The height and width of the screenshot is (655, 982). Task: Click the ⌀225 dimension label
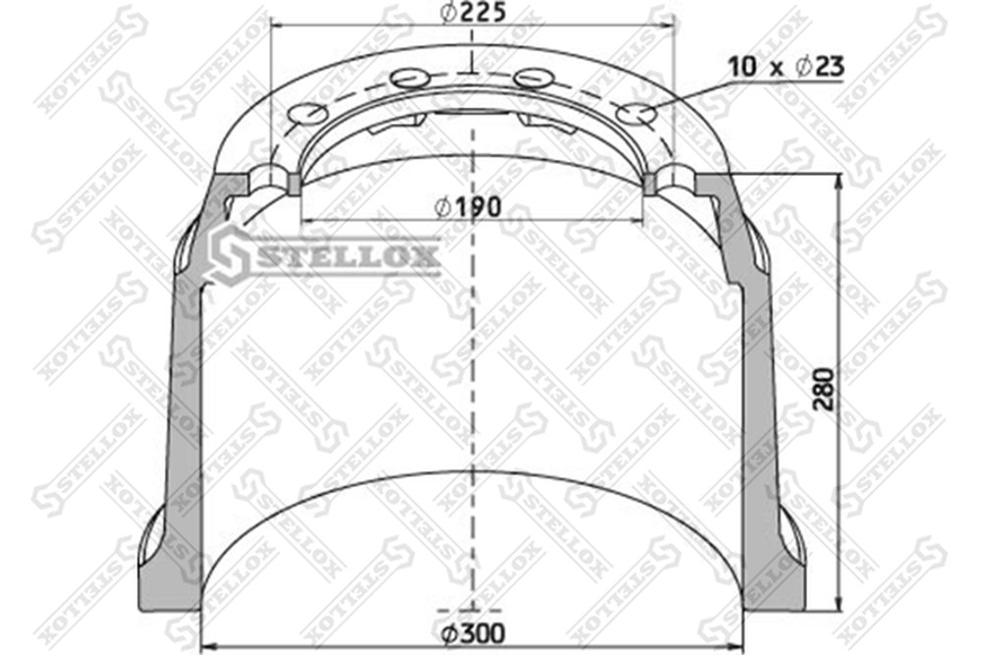(472, 12)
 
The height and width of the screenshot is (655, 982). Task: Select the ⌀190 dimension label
(467, 206)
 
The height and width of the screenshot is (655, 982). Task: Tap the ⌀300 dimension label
(472, 633)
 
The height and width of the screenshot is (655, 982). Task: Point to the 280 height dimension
(824, 390)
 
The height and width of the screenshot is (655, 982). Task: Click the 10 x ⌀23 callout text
(786, 67)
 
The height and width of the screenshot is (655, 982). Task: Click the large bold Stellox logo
(324, 255)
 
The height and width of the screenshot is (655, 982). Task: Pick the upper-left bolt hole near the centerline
(410, 79)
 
